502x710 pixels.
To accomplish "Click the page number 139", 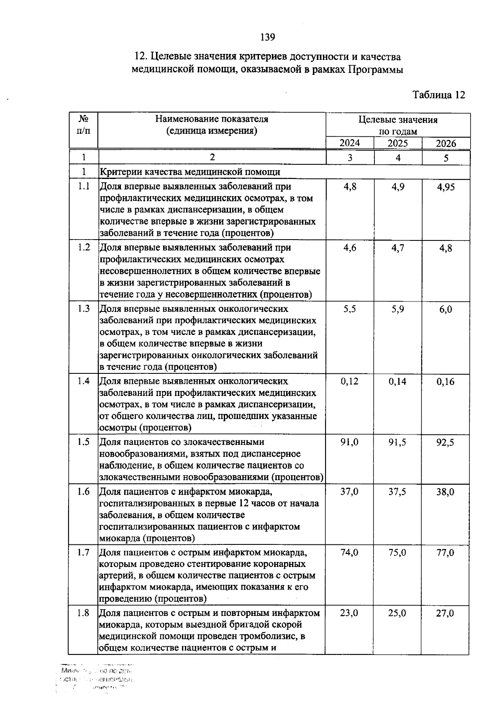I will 267,38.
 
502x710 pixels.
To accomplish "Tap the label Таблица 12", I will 439,95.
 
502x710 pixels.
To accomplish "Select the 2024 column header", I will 350,143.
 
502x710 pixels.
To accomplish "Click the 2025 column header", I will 398,143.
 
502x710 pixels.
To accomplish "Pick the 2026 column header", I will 446,143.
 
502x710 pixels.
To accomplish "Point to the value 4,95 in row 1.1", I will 446,187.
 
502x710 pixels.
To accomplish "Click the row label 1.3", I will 84,309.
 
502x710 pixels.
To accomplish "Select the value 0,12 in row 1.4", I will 350,381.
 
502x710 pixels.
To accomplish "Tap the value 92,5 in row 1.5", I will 446,442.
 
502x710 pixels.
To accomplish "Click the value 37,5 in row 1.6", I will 397,492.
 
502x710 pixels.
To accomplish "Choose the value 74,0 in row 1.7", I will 349,553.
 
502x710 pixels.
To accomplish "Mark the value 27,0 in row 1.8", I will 445,613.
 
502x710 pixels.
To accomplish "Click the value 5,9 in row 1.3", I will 398,309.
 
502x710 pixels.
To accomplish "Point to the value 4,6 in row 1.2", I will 350,248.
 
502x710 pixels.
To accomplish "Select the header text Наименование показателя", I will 212,119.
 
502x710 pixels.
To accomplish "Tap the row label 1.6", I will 84,492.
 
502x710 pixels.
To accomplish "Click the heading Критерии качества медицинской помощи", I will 190,172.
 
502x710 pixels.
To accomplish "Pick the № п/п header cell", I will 84,125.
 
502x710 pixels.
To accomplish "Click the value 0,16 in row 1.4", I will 446,382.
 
